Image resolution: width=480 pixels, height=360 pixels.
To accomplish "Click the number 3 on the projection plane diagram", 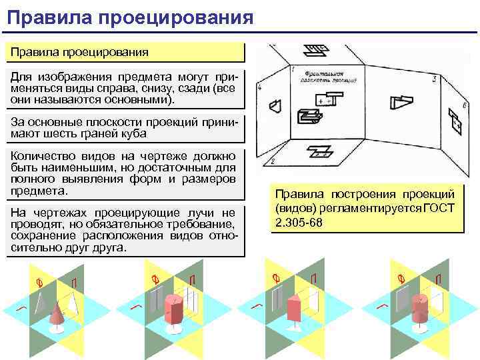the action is coord(434,80).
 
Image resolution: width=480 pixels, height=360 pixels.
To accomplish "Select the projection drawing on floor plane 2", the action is coord(322,153).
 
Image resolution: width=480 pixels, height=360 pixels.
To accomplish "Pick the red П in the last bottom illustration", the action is coord(438,279).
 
